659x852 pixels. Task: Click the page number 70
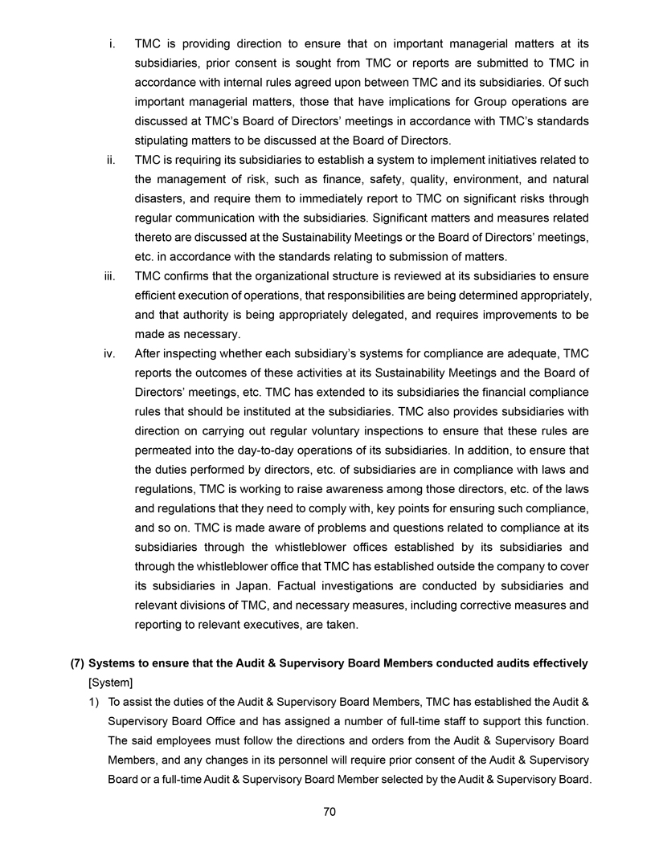pos(329,812)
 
